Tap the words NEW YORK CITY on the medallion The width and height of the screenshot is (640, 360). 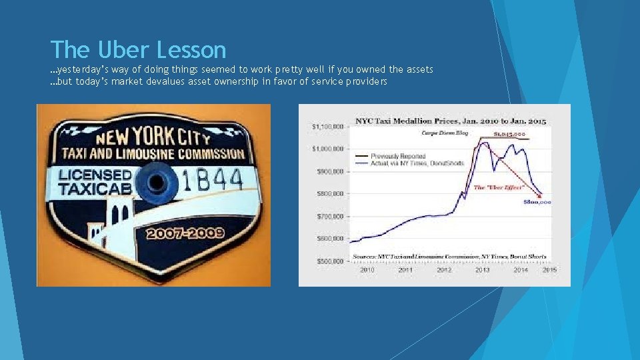click(x=153, y=137)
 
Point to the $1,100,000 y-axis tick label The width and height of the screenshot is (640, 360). click(x=327, y=126)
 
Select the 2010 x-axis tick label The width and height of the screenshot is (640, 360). click(x=367, y=270)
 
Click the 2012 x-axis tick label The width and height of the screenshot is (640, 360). click(x=443, y=270)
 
